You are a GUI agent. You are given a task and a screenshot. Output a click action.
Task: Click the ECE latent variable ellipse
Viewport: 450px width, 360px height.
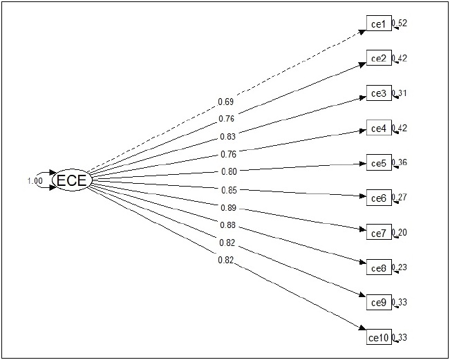71,181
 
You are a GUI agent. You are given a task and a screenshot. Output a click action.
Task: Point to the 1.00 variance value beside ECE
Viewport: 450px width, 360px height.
35,181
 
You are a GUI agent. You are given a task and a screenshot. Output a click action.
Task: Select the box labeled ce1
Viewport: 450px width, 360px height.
378,24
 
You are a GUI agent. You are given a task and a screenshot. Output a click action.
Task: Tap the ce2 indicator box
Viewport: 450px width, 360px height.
378,59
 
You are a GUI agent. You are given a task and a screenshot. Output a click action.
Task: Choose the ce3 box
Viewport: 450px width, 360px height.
378,93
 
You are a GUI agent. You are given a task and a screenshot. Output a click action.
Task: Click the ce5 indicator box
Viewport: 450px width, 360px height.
378,163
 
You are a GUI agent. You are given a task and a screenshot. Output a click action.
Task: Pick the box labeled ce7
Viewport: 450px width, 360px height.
378,233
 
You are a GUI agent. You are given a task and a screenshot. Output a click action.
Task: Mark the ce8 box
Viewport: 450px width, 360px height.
378,268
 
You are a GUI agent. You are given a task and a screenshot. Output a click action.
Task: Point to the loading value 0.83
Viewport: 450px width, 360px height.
225,136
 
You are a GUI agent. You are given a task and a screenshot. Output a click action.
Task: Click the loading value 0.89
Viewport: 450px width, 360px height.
228,208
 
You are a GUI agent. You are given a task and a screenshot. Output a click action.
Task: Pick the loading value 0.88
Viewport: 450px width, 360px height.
227,225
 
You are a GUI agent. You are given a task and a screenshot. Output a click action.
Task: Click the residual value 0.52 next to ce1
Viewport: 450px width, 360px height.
400,23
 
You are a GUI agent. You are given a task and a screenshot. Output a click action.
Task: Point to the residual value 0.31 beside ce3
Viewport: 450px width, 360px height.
400,93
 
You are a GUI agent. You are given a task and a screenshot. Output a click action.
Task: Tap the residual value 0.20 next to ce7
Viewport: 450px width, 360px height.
400,233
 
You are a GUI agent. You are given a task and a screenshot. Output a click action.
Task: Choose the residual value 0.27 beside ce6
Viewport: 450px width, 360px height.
400,198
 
